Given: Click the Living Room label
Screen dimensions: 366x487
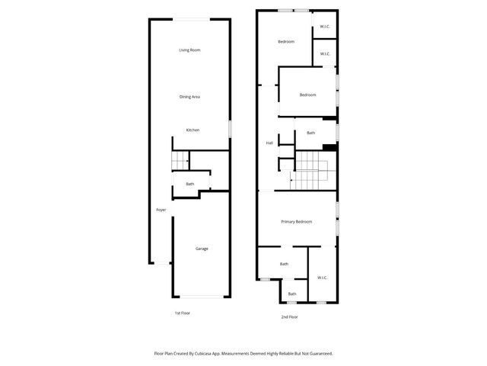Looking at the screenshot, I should tap(189, 50).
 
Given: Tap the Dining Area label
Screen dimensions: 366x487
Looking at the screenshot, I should tap(189, 97).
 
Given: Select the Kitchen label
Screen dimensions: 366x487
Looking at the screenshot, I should tap(193, 130).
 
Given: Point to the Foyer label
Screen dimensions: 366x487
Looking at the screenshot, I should tap(161, 210).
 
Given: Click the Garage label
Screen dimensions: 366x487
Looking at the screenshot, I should tap(202, 249).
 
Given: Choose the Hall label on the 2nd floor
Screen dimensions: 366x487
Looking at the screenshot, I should tap(269, 143).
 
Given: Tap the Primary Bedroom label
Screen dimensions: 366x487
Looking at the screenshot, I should tap(297, 222).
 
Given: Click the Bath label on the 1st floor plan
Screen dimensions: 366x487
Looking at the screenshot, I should tap(189, 184).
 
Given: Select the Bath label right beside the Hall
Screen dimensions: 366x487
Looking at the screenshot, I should tap(310, 133).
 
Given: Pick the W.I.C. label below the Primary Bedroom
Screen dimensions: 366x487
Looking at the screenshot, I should tap(321, 278).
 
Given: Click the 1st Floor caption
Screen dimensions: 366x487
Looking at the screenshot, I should tap(183, 313).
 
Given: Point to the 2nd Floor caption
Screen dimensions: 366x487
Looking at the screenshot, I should tap(289, 316).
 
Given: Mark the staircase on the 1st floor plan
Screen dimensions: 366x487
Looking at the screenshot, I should tap(180, 162).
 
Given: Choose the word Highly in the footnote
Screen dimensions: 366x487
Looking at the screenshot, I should tap(271, 353).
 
